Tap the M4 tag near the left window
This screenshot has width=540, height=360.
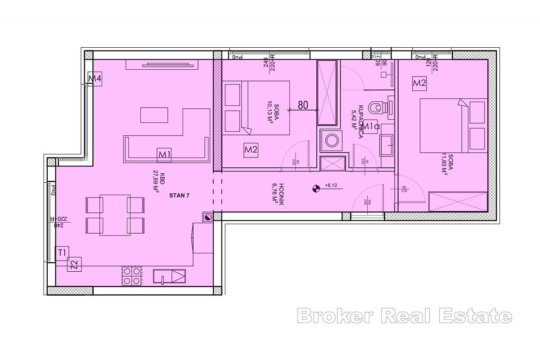click(x=94, y=79)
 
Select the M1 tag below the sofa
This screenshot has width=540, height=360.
click(x=164, y=155)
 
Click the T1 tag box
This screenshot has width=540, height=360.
click(x=62, y=253)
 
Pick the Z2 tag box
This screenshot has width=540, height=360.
click(x=75, y=265)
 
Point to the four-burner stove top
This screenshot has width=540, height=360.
click(x=132, y=276)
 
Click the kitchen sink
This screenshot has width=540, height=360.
click(x=169, y=276)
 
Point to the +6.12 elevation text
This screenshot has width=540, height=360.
click(x=331, y=185)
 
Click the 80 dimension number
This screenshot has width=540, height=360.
click(x=303, y=105)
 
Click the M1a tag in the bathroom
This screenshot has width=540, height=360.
click(x=372, y=126)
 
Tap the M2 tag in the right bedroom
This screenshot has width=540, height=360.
click(x=419, y=83)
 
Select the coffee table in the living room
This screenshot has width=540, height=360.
click(x=154, y=115)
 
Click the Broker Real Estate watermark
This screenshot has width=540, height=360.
click(x=404, y=316)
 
